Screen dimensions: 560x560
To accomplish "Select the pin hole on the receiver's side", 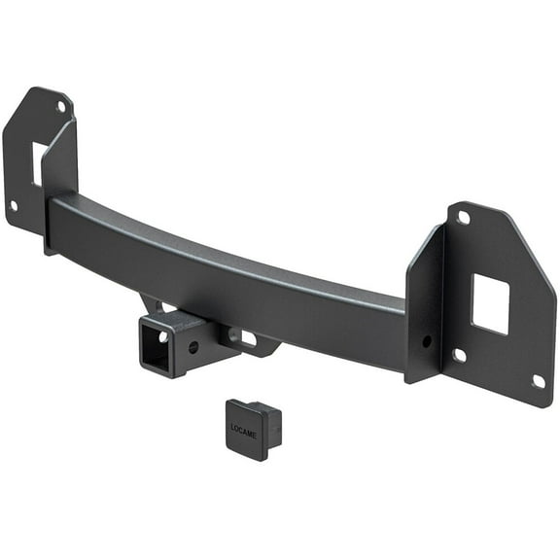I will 194,346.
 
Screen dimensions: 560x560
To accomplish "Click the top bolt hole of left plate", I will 61,107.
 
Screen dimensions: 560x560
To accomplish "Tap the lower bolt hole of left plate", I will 14,205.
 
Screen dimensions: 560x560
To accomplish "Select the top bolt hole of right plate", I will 464,218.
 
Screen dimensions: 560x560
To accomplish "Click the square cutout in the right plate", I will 489,303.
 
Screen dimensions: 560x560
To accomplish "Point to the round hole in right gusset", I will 426,341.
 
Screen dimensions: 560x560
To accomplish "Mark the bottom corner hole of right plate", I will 538,381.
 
